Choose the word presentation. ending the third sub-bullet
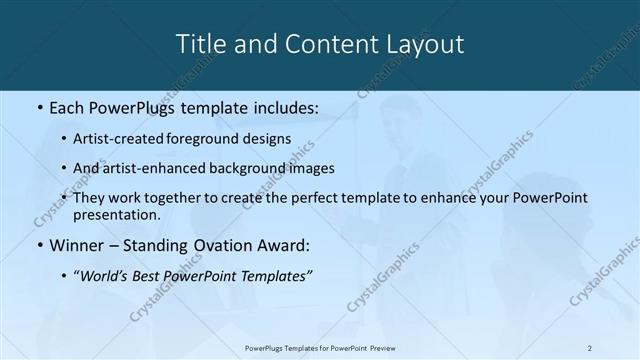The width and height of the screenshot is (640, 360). [x=116, y=214]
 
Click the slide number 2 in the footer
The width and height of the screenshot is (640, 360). [x=589, y=347]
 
